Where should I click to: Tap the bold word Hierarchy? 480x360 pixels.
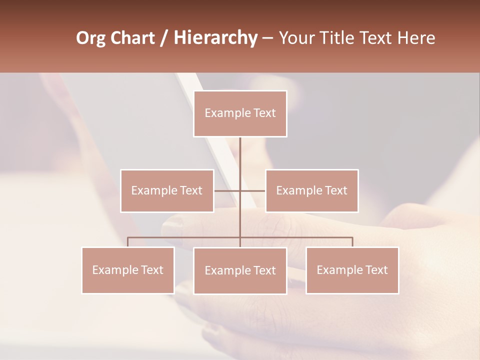tap(215, 38)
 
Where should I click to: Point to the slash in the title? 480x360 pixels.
tap(164, 38)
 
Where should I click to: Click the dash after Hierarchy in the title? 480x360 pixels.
tap(267, 38)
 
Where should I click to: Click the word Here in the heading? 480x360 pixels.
tap(416, 38)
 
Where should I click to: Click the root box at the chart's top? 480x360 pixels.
tap(240, 113)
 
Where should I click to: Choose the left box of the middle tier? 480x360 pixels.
tap(167, 190)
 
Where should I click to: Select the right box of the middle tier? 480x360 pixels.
tap(312, 190)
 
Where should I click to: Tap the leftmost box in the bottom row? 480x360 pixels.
tap(128, 270)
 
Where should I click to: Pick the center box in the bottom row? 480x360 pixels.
tap(240, 270)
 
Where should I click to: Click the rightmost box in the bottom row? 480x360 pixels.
tap(352, 270)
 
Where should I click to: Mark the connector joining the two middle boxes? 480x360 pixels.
tap(227, 190)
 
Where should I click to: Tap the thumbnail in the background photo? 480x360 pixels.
tap(172, 227)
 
